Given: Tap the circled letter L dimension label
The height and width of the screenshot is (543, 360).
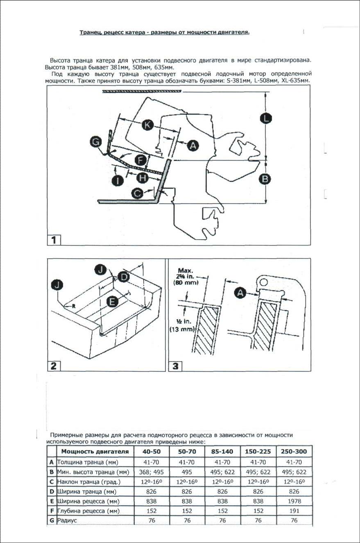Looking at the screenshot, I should point(267,118).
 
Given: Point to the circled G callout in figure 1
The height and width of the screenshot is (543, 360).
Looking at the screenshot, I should point(96,142).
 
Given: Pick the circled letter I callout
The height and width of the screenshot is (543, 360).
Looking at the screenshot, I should point(118,180).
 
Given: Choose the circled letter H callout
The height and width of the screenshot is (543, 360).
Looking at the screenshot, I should point(142,177).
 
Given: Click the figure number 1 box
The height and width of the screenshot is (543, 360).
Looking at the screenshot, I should point(54,239).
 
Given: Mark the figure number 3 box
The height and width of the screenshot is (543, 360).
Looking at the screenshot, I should point(175,366).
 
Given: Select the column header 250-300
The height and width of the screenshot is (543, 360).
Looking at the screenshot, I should point(294,452).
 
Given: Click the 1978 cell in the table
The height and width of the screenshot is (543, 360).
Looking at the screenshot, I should point(294,501).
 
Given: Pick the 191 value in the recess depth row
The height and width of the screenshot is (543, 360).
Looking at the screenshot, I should point(294,511).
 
